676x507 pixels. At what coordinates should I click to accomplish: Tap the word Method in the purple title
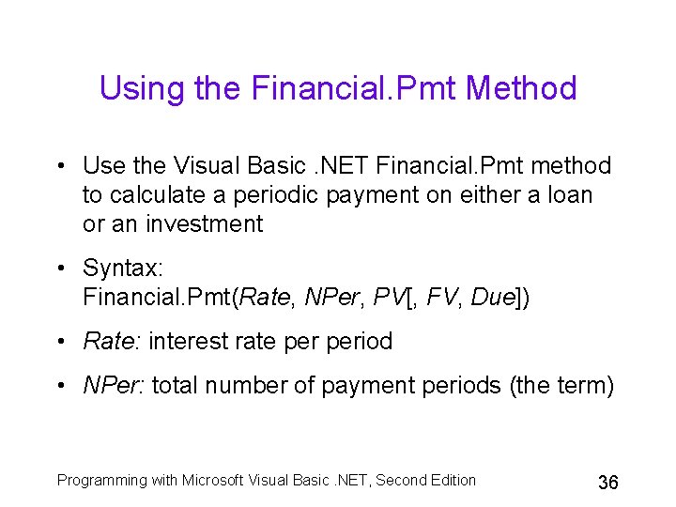521,89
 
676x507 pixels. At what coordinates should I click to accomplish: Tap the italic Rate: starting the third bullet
112,341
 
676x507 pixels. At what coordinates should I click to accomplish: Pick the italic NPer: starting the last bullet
114,385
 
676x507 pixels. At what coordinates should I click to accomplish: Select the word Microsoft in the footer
214,481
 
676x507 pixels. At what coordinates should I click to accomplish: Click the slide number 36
607,483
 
